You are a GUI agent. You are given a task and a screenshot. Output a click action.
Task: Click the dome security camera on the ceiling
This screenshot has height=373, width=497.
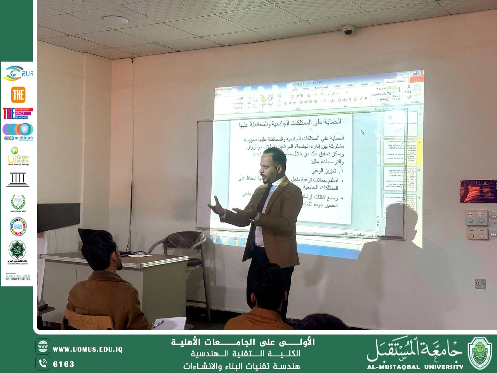click(x=348, y=30)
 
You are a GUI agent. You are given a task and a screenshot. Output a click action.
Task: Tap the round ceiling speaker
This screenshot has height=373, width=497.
click(x=115, y=21)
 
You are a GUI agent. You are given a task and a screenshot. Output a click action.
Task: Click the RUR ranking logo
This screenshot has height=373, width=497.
click(x=18, y=73)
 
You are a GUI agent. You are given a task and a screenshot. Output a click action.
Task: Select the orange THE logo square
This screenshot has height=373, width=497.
click(x=18, y=95)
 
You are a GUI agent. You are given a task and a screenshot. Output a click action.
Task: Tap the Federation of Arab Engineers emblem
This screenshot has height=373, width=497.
click(x=17, y=252)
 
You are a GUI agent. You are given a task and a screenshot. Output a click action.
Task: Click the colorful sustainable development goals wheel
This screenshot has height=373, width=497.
click(x=18, y=227)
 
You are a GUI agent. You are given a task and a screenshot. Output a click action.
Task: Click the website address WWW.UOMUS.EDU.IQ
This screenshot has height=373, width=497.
click(x=88, y=350)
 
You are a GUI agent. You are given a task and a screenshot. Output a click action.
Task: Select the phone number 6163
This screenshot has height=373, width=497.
click(x=64, y=364)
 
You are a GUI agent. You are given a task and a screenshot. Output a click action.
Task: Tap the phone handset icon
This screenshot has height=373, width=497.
click(x=43, y=363)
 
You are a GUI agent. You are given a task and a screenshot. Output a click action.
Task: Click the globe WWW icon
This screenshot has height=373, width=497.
click(x=43, y=346)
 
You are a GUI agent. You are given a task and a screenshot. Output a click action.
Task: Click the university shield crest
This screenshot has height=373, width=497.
click(x=480, y=353)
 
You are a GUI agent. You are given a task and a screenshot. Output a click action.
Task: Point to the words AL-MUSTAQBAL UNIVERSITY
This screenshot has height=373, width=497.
click(x=415, y=367)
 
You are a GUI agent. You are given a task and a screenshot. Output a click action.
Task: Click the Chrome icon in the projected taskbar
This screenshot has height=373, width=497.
click(x=236, y=241)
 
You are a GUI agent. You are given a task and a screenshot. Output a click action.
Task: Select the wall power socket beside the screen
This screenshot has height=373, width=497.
click(x=480, y=284)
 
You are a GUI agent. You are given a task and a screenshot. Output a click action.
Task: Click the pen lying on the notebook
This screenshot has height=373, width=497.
click(x=158, y=324)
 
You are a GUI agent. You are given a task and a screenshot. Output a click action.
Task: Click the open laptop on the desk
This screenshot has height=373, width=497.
click(x=95, y=241)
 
